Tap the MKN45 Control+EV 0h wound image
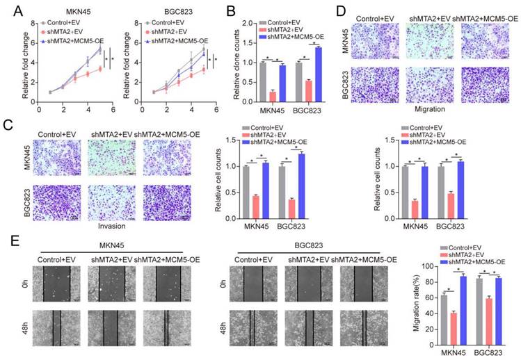(53, 284)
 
